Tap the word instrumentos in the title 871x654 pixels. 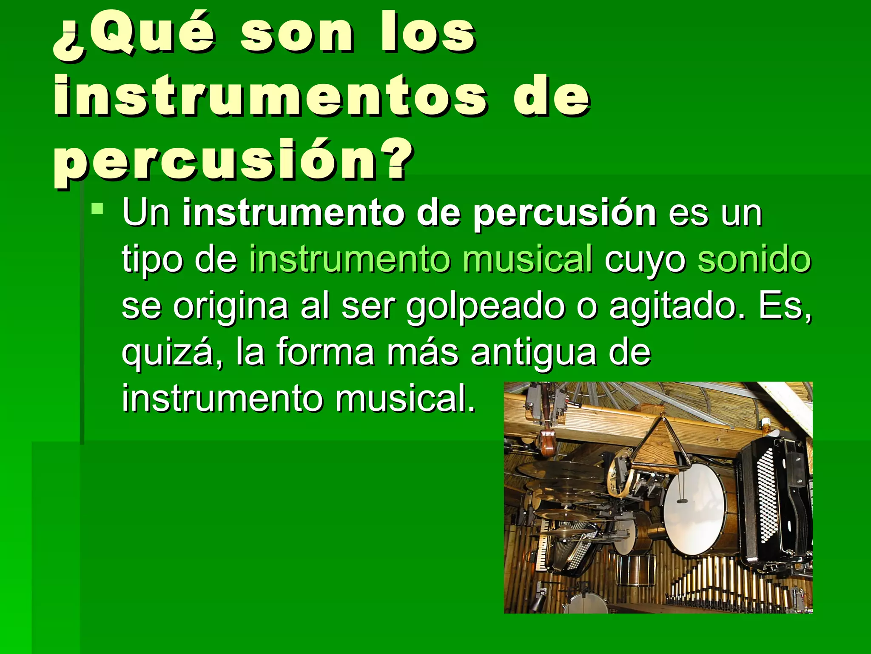(x=270, y=97)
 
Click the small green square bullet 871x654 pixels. (x=97, y=209)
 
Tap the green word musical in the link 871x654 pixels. (x=527, y=260)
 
